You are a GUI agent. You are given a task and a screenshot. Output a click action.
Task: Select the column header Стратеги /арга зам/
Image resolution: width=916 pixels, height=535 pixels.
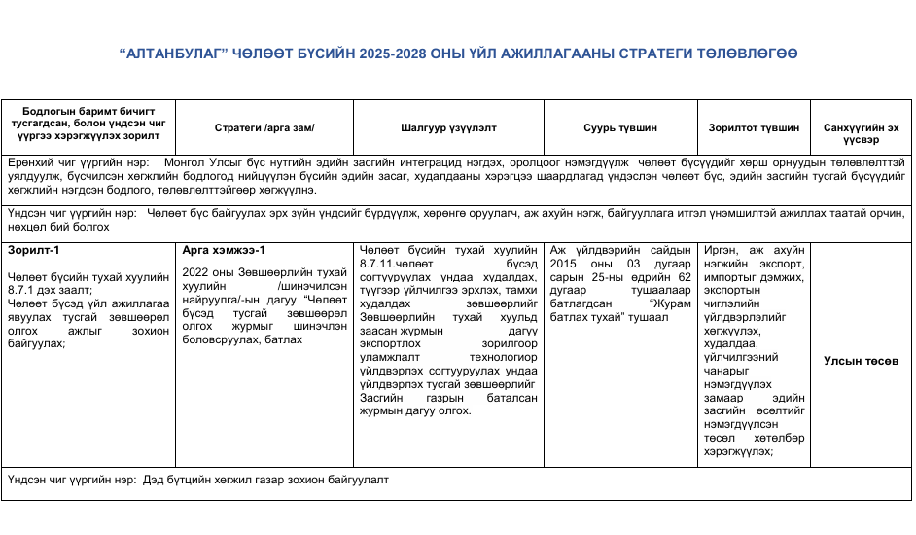(x=264, y=128)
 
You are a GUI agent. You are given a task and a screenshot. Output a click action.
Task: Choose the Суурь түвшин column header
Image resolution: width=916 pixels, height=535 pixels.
(x=619, y=128)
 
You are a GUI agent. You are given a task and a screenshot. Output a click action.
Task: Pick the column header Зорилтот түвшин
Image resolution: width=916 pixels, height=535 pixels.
(x=755, y=128)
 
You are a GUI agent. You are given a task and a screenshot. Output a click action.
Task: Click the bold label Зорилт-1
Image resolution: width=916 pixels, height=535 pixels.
(x=28, y=250)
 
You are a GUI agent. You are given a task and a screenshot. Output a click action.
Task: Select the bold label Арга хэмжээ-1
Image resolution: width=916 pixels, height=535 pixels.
(x=224, y=250)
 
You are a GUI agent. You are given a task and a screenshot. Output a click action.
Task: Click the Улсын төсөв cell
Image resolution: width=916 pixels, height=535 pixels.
(x=861, y=361)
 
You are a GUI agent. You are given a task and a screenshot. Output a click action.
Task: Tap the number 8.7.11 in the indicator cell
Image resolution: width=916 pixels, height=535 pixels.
(x=379, y=263)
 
